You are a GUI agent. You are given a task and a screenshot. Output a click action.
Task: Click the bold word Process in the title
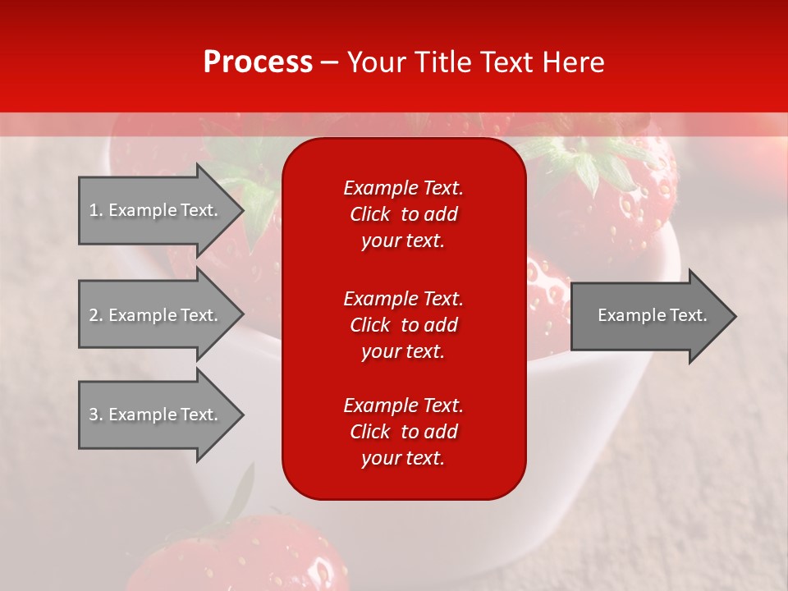pos(258,62)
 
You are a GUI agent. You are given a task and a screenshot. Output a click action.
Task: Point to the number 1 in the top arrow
pos(94,210)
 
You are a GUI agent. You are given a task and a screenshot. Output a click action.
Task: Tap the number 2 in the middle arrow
pos(94,315)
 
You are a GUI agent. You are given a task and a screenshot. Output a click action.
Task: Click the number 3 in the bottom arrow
pos(94,415)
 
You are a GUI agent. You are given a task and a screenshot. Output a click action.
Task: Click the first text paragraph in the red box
pos(403,214)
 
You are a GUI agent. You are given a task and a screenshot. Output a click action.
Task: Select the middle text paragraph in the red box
pos(403,325)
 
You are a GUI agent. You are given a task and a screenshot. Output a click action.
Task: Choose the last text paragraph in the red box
pos(403,432)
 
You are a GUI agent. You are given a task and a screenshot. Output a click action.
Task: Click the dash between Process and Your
pos(329,62)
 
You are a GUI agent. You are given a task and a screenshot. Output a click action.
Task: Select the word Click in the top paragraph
pos(370,214)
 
